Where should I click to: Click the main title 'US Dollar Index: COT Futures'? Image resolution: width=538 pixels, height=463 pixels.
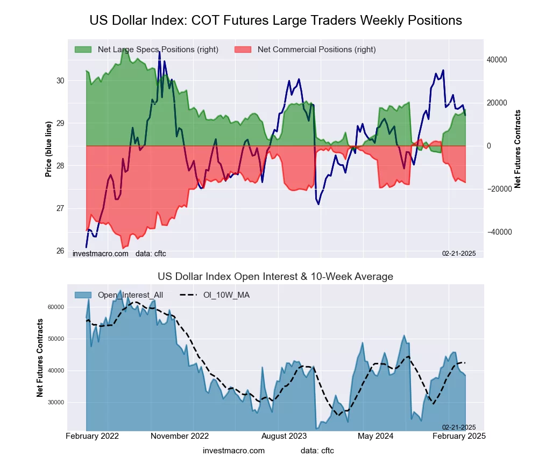275,20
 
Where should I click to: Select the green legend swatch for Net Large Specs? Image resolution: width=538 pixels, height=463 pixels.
83,50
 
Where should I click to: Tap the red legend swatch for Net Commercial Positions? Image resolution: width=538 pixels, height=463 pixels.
243,50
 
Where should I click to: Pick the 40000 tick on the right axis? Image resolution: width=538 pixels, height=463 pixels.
497,60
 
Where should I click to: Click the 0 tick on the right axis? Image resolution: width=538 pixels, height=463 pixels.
489,146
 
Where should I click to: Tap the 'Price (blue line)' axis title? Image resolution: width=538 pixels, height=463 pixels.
49,149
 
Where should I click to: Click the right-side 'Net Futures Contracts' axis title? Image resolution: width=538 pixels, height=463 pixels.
518,149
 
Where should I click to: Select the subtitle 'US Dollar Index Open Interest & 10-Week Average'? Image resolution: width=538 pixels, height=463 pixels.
275,277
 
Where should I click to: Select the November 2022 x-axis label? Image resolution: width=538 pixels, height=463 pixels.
179,436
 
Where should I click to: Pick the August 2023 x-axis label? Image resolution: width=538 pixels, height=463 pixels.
285,436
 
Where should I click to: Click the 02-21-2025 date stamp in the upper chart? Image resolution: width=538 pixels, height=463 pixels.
459,253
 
